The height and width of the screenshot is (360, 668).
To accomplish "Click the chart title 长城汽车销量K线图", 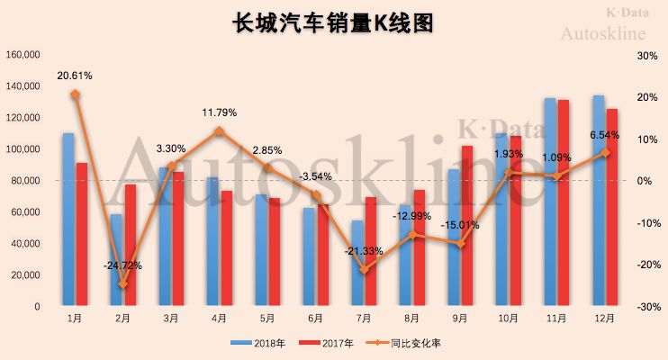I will tap(333, 22).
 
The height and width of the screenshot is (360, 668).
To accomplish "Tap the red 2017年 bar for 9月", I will tap(466, 225).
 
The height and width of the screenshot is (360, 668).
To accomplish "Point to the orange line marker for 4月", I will tap(219, 131).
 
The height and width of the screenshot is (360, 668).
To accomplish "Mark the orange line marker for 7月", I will tap(365, 269).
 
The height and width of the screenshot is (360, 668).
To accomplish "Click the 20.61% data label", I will tap(74, 75).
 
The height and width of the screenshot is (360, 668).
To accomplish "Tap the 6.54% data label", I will tap(604, 134).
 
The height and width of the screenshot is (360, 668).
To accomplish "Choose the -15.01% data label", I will tap(460, 225).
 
